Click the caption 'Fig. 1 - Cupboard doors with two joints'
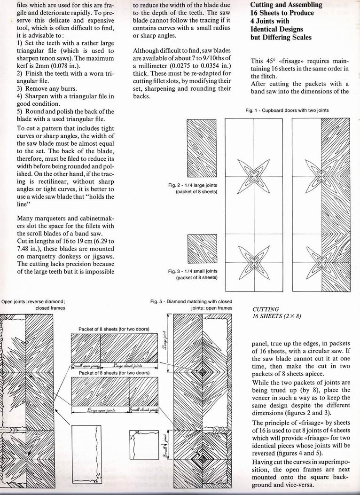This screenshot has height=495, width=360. point(287,110)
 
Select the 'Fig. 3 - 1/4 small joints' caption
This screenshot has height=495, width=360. point(193,274)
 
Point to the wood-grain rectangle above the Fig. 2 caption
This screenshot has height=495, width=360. point(202,148)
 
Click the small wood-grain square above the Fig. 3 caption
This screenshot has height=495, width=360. point(202,250)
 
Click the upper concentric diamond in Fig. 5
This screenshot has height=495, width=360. point(202,372)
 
